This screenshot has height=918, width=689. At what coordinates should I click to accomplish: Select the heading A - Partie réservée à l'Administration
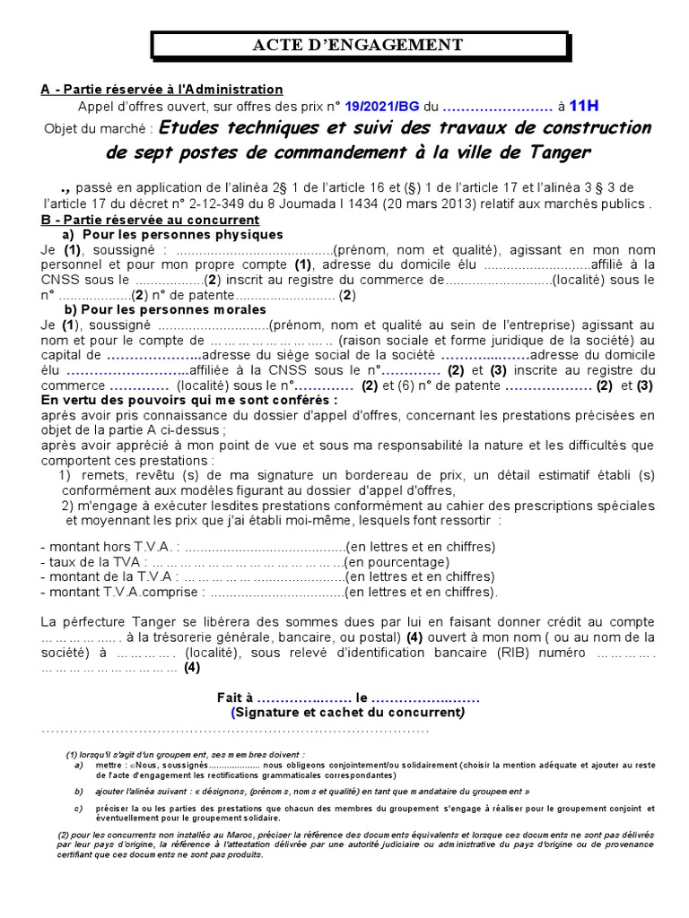pyautogui.click(x=162, y=89)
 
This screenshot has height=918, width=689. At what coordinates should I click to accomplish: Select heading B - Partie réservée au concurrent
pyautogui.click(x=151, y=219)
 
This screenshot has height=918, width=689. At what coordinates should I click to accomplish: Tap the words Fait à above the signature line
pyautogui.click(x=236, y=697)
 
